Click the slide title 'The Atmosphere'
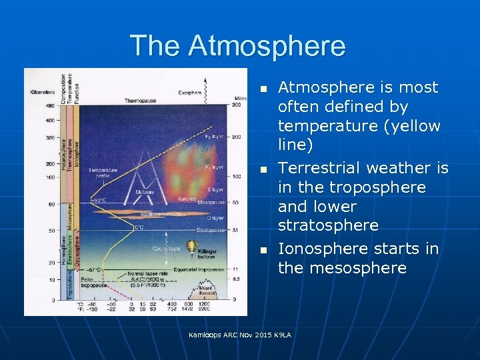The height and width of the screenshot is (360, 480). point(238,45)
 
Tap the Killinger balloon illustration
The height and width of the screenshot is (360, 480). point(193,248)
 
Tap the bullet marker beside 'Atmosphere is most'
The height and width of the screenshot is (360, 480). point(263,88)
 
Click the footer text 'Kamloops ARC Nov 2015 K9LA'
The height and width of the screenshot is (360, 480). point(240,334)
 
